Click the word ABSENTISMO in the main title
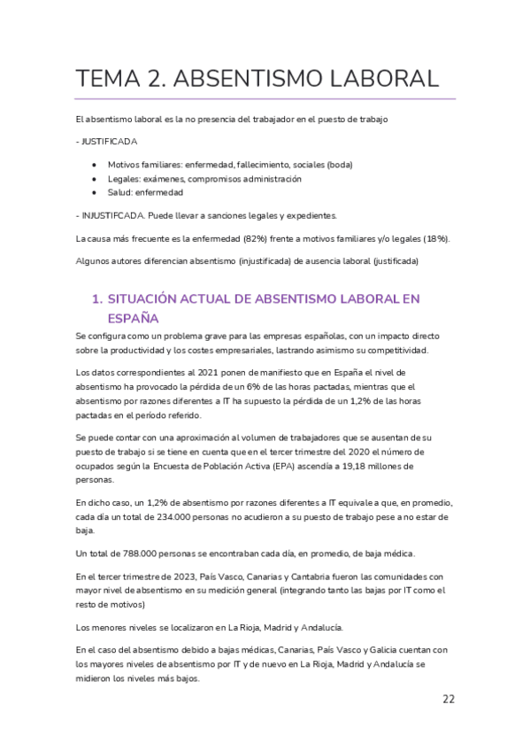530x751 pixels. [x=257, y=78]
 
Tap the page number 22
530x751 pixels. [x=449, y=699]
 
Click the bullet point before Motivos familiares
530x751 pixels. [x=95, y=165]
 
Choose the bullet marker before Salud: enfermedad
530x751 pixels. [x=95, y=191]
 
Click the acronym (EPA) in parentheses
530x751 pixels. [x=281, y=466]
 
